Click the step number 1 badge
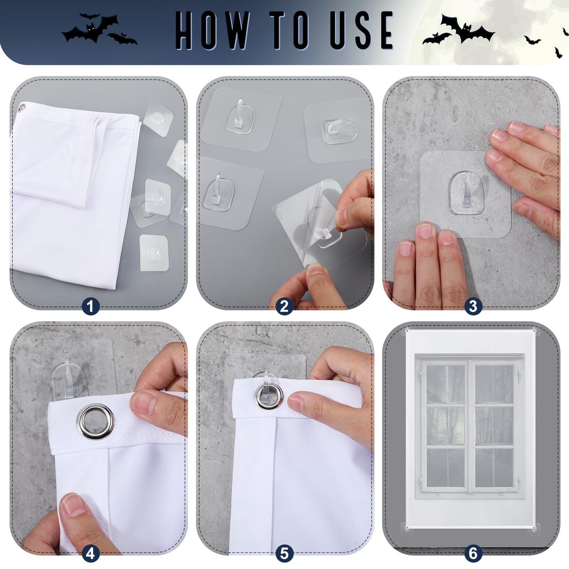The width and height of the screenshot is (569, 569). click(91, 306)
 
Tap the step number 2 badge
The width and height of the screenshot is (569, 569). click(284, 306)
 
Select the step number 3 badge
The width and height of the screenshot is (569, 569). click(473, 306)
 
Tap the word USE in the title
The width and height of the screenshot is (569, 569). click(361, 31)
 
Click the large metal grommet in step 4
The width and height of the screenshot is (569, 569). click(95, 421)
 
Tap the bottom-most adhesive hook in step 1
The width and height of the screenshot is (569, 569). click(154, 252)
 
